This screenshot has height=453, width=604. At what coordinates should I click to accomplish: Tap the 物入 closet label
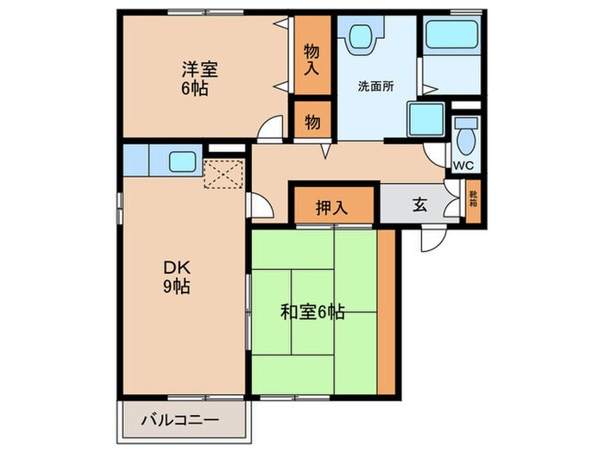click(311, 59)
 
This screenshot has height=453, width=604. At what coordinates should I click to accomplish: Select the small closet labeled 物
click(311, 123)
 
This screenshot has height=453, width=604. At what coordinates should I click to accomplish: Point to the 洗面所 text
click(375, 86)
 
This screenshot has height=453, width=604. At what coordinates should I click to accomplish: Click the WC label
click(463, 164)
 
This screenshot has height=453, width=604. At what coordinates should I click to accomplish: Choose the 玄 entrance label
click(419, 205)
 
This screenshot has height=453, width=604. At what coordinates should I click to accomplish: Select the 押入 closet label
click(330, 207)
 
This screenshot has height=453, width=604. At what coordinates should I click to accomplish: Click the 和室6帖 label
click(313, 312)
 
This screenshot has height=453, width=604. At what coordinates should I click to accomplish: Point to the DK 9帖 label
click(178, 276)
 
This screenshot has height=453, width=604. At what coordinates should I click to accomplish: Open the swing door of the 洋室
click(270, 129)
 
